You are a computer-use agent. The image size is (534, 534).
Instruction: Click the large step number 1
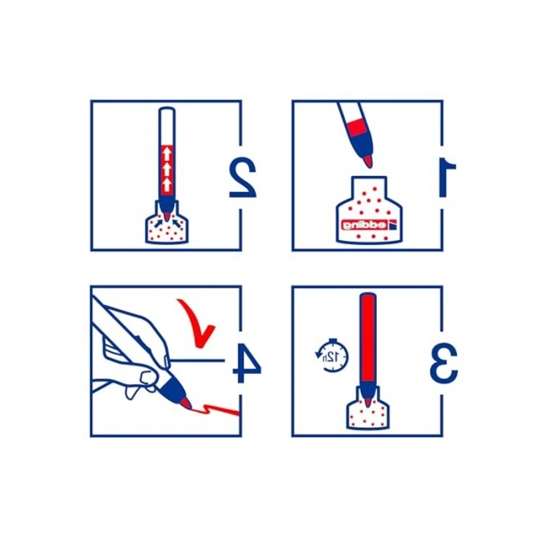point(448,177)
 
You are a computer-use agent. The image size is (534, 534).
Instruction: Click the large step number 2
point(243,178)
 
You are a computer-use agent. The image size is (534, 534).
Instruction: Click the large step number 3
point(443,363)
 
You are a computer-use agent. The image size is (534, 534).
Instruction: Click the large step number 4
point(247,363)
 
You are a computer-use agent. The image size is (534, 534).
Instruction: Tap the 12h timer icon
point(331,355)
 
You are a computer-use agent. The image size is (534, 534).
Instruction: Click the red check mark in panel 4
point(196,322)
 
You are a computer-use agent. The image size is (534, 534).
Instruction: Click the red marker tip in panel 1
point(367,161)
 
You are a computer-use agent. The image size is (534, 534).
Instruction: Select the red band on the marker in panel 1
point(356,127)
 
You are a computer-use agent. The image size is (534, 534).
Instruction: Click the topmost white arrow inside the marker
point(166,153)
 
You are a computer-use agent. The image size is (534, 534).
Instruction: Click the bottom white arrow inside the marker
point(166,185)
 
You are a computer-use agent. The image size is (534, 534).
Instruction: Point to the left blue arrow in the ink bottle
point(158,223)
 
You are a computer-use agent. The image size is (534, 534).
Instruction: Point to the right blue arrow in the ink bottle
point(176,223)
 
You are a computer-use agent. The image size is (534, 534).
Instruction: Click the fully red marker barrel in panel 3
point(368,338)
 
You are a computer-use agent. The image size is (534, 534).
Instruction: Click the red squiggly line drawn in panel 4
point(215,410)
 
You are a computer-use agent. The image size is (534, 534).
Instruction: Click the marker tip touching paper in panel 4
point(186,404)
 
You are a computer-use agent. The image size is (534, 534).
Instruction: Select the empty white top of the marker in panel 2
point(166,126)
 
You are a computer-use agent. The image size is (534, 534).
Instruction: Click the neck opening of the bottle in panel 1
point(369,178)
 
